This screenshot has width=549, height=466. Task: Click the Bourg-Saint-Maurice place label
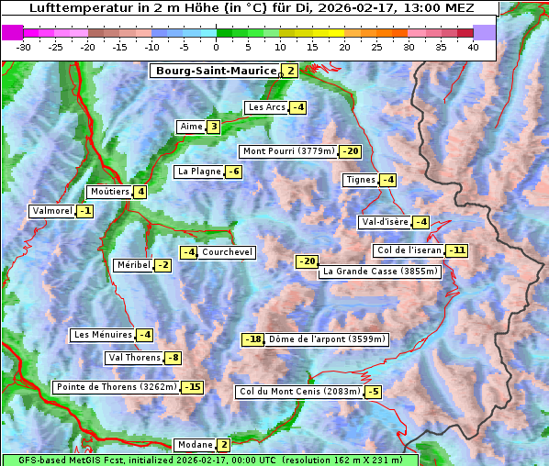pyautogui.click(x=216, y=71)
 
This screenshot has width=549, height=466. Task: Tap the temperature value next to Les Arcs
pyautogui.click(x=297, y=107)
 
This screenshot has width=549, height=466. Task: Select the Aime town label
pyautogui.click(x=190, y=127)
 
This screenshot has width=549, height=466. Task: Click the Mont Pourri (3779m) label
pyautogui.click(x=287, y=151)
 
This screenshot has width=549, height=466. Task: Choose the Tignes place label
pyautogui.click(x=359, y=180)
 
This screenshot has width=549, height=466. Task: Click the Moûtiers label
pyautogui.click(x=108, y=192)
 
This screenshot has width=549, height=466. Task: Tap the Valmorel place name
pyautogui.click(x=51, y=211)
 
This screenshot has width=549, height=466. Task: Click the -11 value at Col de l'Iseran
pyautogui.click(x=456, y=250)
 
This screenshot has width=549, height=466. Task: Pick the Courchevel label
pyautogui.click(x=227, y=252)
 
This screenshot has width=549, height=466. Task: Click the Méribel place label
pyautogui.click(x=133, y=265)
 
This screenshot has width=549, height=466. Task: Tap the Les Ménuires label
pyautogui.click(x=102, y=335)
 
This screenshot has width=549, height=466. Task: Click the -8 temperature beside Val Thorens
pyautogui.click(x=173, y=358)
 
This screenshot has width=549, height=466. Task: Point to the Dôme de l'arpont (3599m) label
pyautogui.click(x=327, y=339)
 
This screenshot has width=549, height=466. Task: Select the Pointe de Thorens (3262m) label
pyautogui.click(x=116, y=387)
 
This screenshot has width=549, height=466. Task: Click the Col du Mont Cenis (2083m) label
pyautogui.click(x=298, y=392)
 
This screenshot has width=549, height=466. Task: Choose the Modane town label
pyautogui.click(x=194, y=445)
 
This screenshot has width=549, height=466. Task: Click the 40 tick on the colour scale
pyautogui.click(x=473, y=47)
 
